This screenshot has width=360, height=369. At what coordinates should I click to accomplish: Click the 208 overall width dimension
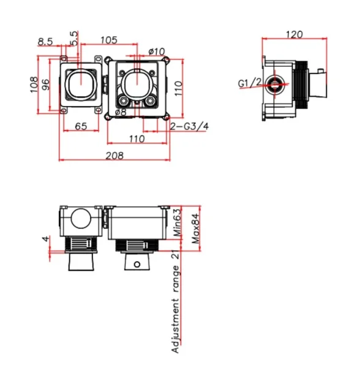pos(113,155)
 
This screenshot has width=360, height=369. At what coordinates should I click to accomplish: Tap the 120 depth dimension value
pos(294,35)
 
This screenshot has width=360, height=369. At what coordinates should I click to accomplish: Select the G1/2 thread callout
pos(250,83)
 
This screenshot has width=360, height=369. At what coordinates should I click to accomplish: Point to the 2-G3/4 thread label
pos(189,126)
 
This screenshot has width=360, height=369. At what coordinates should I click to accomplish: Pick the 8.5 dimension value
pos(45,41)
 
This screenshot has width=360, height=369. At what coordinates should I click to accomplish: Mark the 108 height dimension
pos(35,84)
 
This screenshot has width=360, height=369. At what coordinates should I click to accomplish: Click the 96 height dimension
pos(46,84)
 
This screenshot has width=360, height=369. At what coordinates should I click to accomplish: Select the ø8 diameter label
pos(121,113)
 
